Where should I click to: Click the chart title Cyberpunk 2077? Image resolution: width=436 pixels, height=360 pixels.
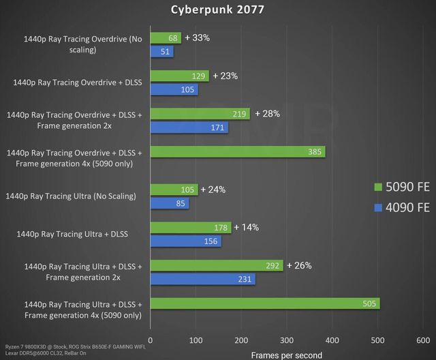pos(217,10)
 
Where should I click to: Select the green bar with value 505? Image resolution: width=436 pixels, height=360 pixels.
pos(264,303)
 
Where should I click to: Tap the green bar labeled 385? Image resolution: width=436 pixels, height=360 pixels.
pos(237,151)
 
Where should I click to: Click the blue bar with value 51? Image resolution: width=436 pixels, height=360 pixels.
pos(161,51)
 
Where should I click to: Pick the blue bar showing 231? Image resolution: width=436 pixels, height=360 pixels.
pos(202,279)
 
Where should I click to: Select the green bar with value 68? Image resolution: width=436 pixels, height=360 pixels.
pos(166,38)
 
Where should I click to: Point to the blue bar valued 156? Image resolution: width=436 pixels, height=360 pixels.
pos(185,241)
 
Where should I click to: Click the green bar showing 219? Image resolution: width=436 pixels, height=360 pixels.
pos(200,114)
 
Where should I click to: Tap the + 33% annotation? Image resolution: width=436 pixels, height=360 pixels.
pos(197,38)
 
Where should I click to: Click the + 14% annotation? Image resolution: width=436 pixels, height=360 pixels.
pos(247,228)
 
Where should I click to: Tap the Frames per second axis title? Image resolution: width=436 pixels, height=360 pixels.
pos(286,355)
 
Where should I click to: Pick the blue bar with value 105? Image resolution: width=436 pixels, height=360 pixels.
pos(174,89)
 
